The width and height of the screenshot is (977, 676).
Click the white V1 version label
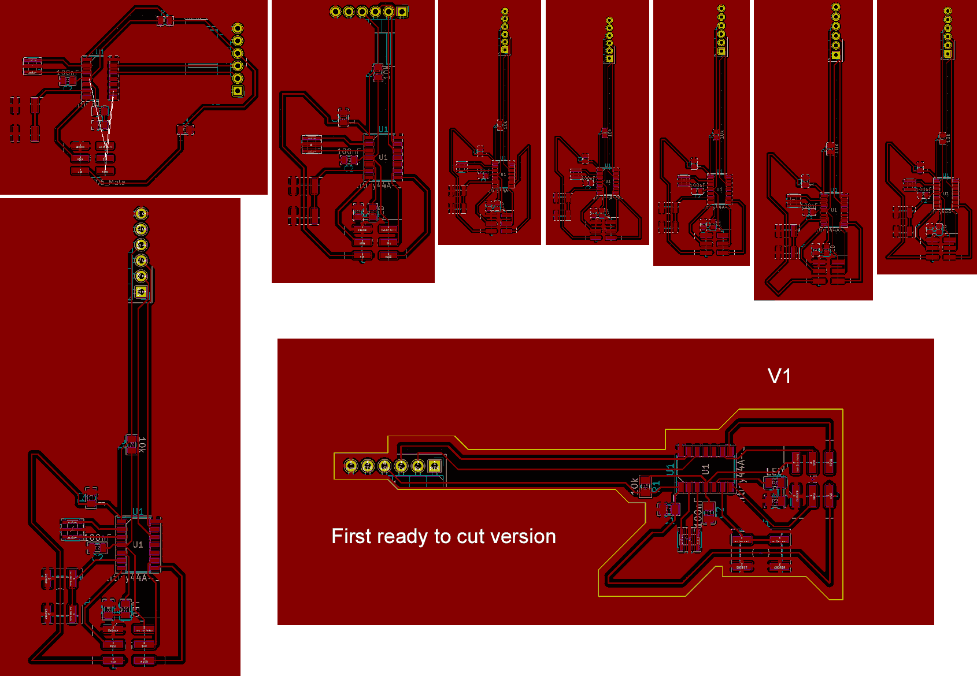pyautogui.click(x=779, y=376)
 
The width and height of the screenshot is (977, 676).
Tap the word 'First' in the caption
pyautogui.click(x=351, y=536)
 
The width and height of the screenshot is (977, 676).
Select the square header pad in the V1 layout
pyautogui.click(x=435, y=466)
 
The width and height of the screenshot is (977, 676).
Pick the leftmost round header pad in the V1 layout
pyautogui.click(x=350, y=466)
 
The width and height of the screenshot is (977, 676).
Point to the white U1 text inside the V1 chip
pyautogui.click(x=705, y=469)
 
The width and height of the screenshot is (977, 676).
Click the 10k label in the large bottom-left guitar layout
pyautogui.click(x=142, y=444)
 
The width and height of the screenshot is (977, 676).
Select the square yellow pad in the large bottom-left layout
pyautogui.click(x=141, y=292)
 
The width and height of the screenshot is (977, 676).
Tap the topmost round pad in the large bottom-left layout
pyautogui.click(x=141, y=214)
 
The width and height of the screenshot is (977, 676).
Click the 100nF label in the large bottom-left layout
pyautogui.click(x=95, y=537)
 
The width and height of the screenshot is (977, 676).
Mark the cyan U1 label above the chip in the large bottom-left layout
pyautogui.click(x=138, y=511)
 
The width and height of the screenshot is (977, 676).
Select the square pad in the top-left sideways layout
pyautogui.click(x=238, y=91)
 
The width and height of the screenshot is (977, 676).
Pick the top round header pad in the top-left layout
pyautogui.click(x=238, y=28)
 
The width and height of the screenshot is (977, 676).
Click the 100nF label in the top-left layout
pyautogui.click(x=66, y=73)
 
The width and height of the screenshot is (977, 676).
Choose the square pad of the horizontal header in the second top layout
pyautogui.click(x=402, y=12)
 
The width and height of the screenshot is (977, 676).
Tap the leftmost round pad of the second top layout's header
pyautogui.click(x=336, y=12)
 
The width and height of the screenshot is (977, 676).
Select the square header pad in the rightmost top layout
pyautogui.click(x=948, y=54)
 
